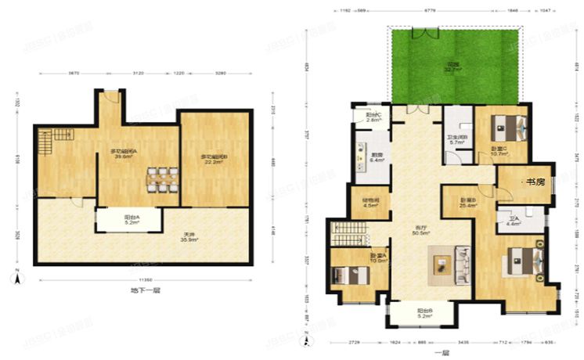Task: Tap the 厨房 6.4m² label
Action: [376, 158]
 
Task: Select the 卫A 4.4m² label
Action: [514, 222]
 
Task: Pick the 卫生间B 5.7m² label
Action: [458, 140]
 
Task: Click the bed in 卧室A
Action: [349, 275]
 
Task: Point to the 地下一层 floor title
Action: [146, 291]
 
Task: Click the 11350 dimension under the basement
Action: [146, 279]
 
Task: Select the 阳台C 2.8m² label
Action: [373, 118]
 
